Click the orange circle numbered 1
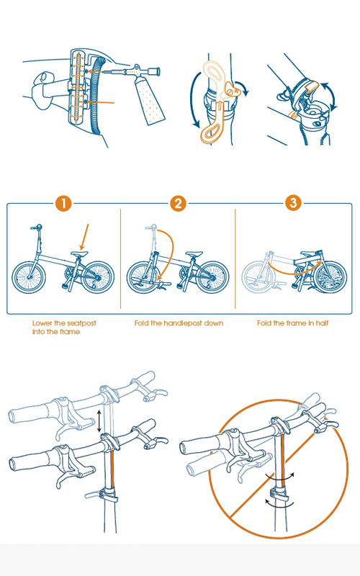63,203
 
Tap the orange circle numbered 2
178,203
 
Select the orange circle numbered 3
293,203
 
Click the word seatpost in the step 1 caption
81,323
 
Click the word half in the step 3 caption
322,323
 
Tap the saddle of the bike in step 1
79,253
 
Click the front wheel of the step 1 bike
29,277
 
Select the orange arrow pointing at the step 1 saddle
84,237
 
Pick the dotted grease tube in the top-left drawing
149,101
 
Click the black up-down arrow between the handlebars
99,421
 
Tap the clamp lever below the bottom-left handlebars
102,495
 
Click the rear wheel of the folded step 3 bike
330,277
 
